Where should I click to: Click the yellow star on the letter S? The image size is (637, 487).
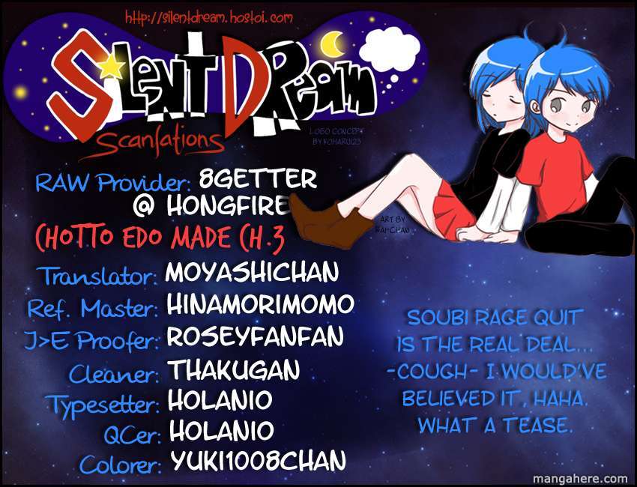pos(112,67)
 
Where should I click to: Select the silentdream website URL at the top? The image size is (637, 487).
pos(208,17)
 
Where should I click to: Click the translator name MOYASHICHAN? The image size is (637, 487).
pos(252,272)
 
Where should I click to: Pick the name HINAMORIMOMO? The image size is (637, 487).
pos(260,304)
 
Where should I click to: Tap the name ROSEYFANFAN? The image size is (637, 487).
pos(255,336)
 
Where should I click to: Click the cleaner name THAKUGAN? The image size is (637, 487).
pos(234,369)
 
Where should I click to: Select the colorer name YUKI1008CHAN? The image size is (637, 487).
pos(258,460)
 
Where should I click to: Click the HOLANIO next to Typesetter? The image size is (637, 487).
pos(220,400)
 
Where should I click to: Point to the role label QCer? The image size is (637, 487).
pos(132,435)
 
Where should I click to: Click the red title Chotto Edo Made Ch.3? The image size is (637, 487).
pos(160,238)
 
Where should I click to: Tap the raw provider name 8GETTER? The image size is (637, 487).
pos(258,179)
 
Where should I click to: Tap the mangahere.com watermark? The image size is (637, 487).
pos(580,479)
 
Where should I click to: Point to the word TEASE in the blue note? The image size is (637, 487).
pos(537,426)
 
